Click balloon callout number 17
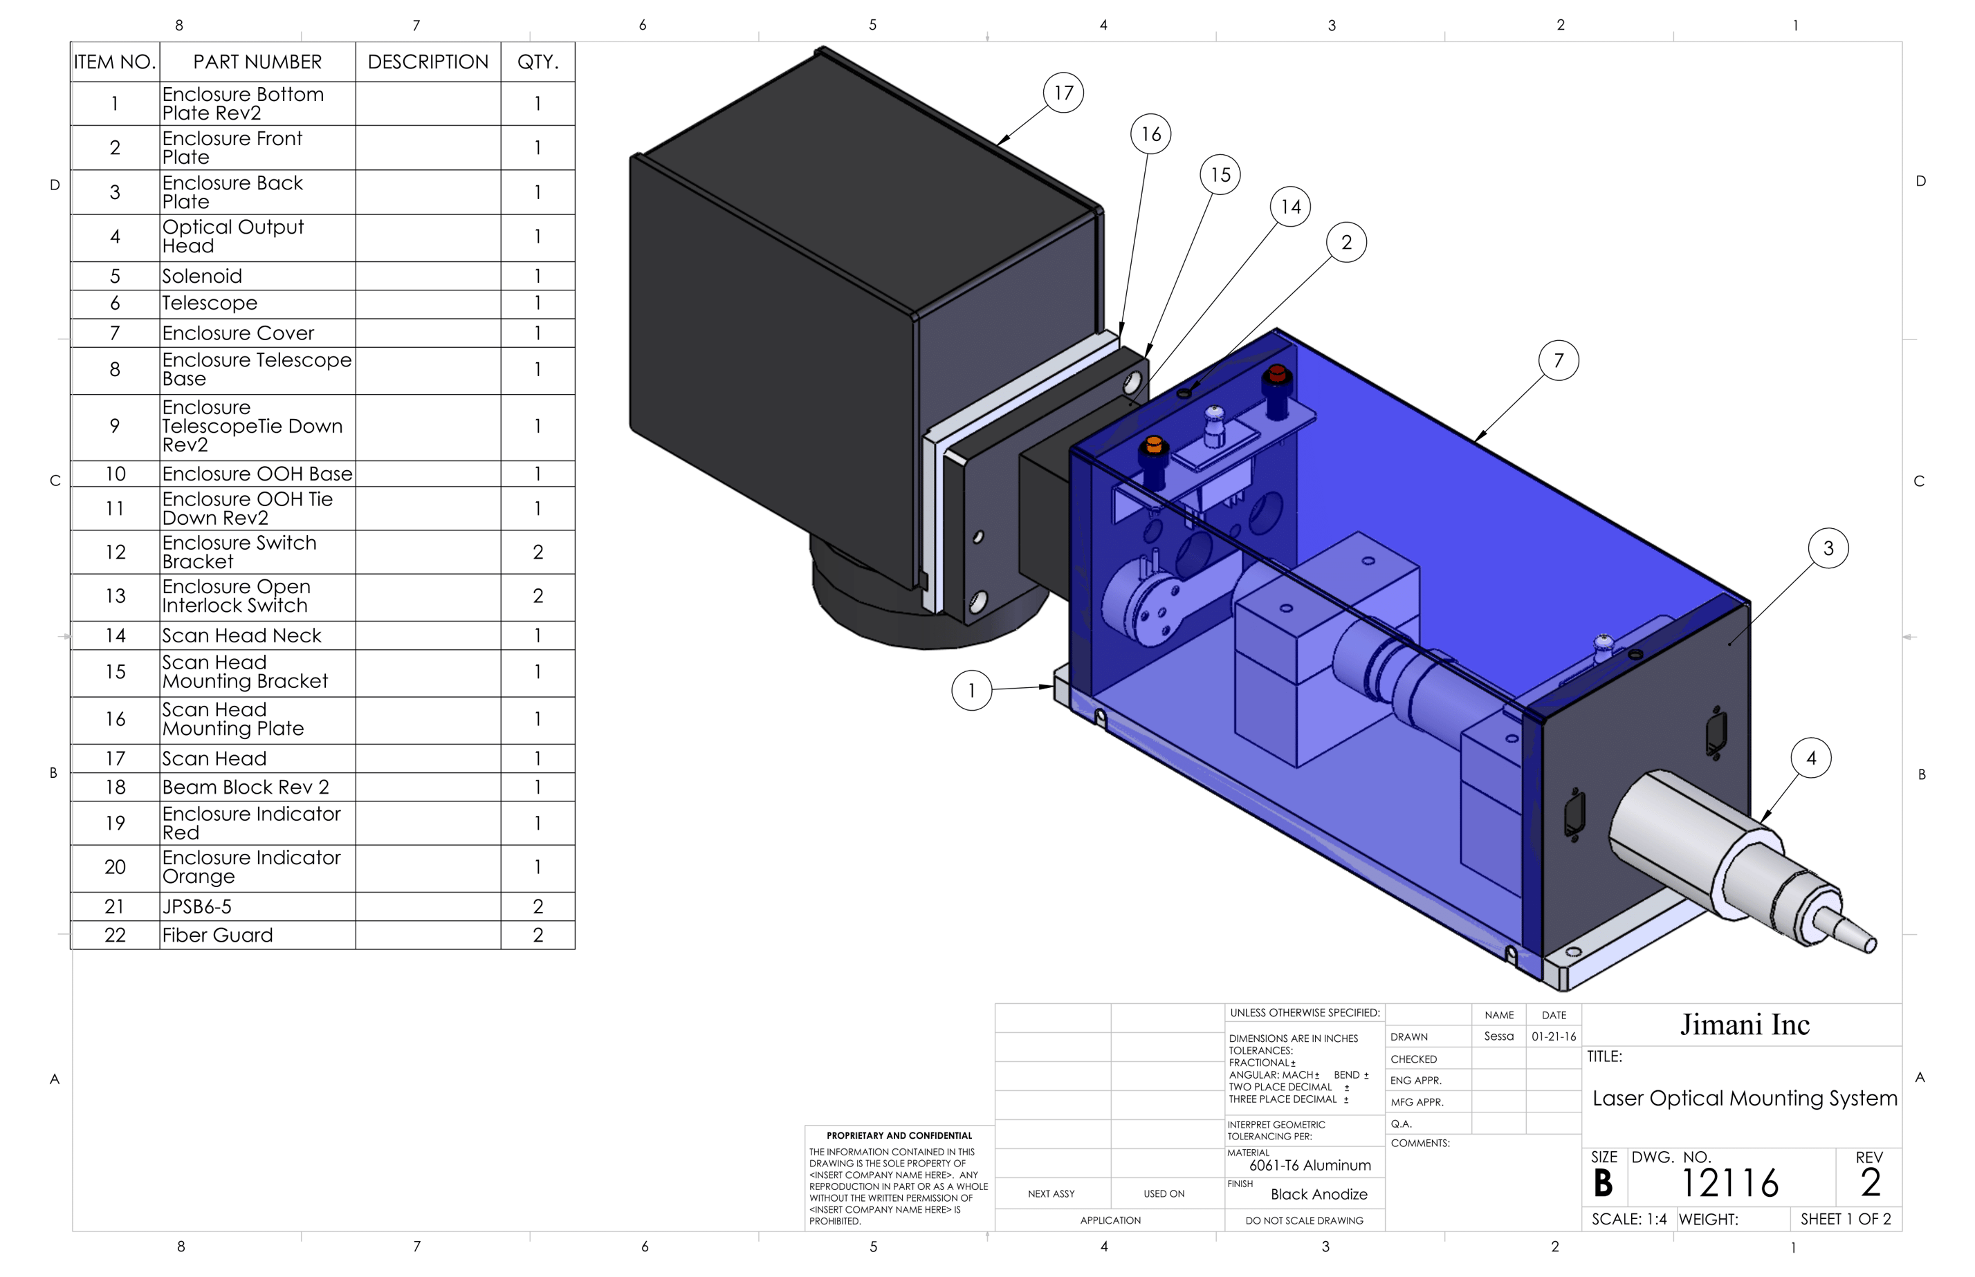point(1063,93)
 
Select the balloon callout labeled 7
point(1558,361)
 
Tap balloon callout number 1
point(971,691)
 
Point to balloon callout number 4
point(1811,758)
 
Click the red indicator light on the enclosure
point(1276,374)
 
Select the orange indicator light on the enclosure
point(1153,446)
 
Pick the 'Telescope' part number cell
point(257,304)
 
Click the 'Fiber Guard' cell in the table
point(257,935)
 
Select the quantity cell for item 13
point(538,596)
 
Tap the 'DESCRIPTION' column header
point(428,62)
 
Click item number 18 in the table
point(116,787)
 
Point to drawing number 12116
point(1729,1183)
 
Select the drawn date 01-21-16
point(1553,1036)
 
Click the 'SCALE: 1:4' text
point(1628,1219)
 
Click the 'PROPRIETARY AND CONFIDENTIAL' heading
point(899,1135)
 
